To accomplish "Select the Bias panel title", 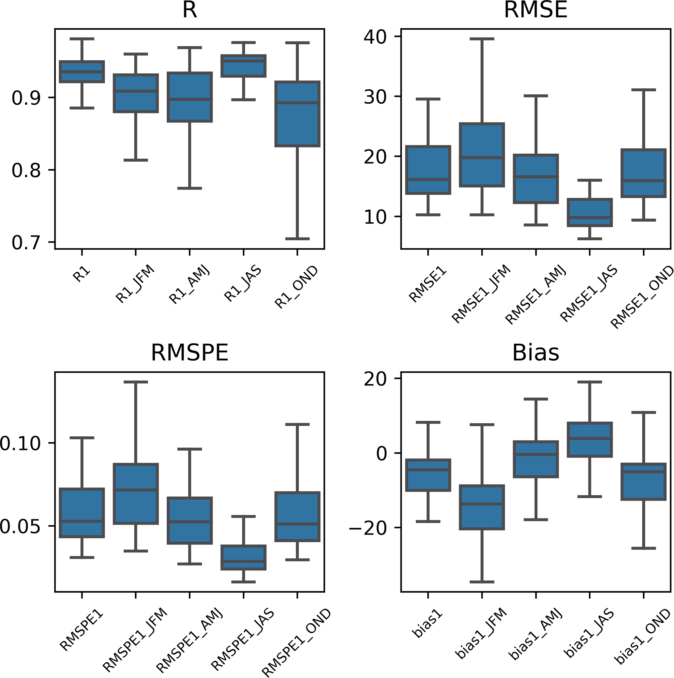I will tap(535, 353).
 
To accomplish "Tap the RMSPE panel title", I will tap(189, 353).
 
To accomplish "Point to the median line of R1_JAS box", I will tap(244, 60).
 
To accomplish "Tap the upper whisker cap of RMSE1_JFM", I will tap(482, 39).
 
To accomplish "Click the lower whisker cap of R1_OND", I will tap(297, 239).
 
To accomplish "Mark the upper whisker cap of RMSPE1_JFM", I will tap(135, 382).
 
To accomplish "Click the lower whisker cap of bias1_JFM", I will tap(482, 582).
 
